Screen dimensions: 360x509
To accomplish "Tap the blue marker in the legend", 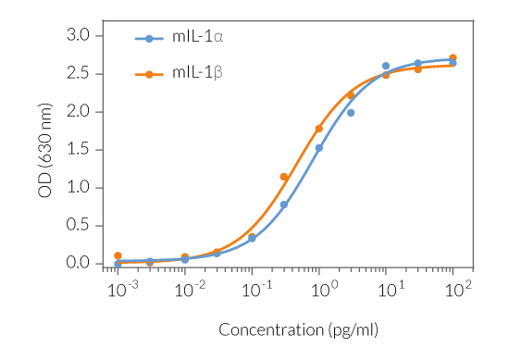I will [x=148, y=38].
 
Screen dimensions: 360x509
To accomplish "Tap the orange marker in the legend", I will [x=148, y=73].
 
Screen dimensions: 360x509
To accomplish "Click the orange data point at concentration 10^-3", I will [x=118, y=255].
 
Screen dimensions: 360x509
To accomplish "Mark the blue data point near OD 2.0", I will [x=351, y=113].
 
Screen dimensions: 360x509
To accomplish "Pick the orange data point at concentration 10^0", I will [x=319, y=129].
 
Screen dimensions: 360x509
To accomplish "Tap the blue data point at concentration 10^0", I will [x=319, y=148].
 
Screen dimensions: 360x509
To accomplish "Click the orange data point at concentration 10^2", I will [x=453, y=58].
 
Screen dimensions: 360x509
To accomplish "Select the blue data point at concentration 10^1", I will [x=386, y=66].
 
